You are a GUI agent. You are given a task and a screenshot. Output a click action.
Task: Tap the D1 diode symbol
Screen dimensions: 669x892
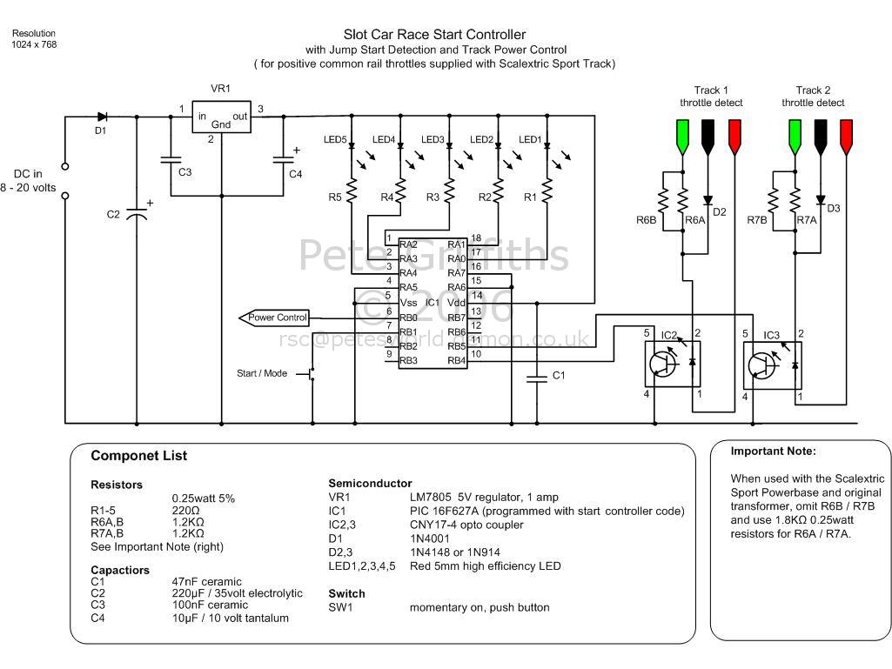pyautogui.click(x=102, y=116)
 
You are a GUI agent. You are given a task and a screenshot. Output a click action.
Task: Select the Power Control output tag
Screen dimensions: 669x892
pyautogui.click(x=278, y=318)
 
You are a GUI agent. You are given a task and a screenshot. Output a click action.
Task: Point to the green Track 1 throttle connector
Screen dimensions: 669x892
pyautogui.click(x=682, y=136)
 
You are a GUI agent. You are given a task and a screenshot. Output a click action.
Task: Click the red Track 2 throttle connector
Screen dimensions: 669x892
pyautogui.click(x=845, y=136)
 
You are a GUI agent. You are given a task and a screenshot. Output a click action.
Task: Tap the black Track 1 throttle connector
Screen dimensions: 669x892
pyautogui.click(x=708, y=136)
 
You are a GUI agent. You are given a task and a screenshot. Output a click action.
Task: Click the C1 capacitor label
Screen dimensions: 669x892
pyautogui.click(x=559, y=375)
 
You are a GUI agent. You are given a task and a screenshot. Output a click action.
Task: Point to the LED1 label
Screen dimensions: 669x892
pyautogui.click(x=530, y=140)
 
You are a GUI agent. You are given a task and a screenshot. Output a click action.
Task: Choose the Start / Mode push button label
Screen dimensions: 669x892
pyautogui.click(x=262, y=373)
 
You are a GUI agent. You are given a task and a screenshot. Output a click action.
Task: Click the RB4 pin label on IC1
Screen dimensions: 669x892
pyautogui.click(x=457, y=359)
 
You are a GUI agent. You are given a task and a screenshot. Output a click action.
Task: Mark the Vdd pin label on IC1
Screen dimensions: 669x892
pyautogui.click(x=457, y=302)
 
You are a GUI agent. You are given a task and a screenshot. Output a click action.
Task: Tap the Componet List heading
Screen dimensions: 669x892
pyautogui.click(x=138, y=456)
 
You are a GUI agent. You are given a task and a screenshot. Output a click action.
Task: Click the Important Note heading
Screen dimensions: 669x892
pyautogui.click(x=773, y=452)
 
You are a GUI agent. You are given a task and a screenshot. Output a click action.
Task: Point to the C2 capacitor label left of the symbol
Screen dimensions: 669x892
pyautogui.click(x=113, y=215)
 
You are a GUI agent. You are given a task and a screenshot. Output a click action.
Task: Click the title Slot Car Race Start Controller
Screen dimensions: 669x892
pyautogui.click(x=434, y=35)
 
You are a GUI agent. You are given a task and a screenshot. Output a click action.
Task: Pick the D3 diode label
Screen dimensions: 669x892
pyautogui.click(x=833, y=208)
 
